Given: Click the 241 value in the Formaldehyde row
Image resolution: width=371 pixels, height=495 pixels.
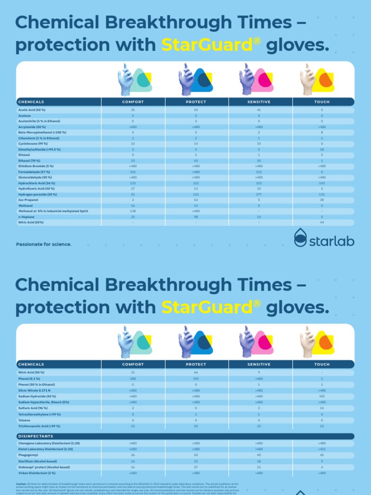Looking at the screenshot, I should coord(133,172).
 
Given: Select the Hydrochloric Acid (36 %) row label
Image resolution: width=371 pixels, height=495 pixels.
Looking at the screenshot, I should coord(37,183).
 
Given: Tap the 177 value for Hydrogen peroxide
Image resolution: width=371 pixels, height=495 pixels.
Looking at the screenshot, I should coord(259,194).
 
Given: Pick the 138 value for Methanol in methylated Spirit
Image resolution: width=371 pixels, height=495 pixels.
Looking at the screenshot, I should coord(133,211).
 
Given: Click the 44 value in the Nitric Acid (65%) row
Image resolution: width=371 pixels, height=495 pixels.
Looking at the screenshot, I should coord(322,222).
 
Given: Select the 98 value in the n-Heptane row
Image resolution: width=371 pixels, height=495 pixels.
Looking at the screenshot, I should coord(196,217).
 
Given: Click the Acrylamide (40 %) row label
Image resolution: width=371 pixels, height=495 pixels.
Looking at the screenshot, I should coord(32,127).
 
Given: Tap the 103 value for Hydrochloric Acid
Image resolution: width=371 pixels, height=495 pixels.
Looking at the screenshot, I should coord(322,183).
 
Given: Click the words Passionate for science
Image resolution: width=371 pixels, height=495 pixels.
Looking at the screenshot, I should coord(44,244).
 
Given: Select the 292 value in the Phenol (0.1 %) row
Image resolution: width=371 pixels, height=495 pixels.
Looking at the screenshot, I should coord(196,379).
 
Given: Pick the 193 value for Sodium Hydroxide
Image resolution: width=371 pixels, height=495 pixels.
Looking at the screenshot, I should coord(322,396).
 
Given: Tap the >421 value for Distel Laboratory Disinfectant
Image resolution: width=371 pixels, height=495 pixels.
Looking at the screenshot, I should coord(322,449).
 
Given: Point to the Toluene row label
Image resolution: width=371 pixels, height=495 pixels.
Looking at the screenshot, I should coord(24,420).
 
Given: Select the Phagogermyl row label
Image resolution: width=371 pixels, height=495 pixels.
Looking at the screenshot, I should coord(29,455).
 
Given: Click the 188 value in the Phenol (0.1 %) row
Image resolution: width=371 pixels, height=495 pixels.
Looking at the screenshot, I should coord(133,379).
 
